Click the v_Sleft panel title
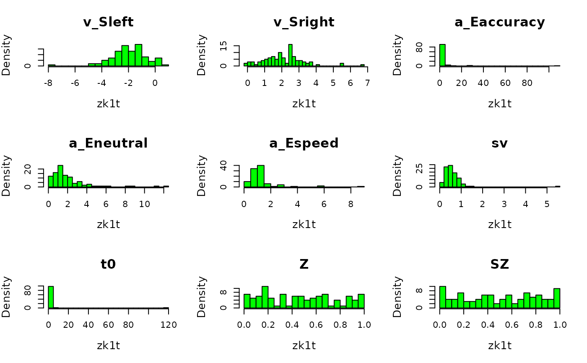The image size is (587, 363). coord(108,22)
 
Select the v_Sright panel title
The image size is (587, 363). coord(304,22)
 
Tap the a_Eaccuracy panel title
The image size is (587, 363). coord(500,22)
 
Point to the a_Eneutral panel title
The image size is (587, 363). coord(108,143)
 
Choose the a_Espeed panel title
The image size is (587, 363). coord(304,143)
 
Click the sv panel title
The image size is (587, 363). coord(500,143)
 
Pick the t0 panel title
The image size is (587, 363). coord(108,264)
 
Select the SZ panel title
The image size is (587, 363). coord(500,264)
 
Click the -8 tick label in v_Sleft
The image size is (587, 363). coord(48,83)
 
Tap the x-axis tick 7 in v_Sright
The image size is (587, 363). coord(367,83)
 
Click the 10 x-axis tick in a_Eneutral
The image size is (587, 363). coord(144,204)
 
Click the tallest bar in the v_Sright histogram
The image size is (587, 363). coord(290,55)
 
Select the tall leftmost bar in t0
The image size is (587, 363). coord(51,297)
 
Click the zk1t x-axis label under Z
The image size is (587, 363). coord(304,345)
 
